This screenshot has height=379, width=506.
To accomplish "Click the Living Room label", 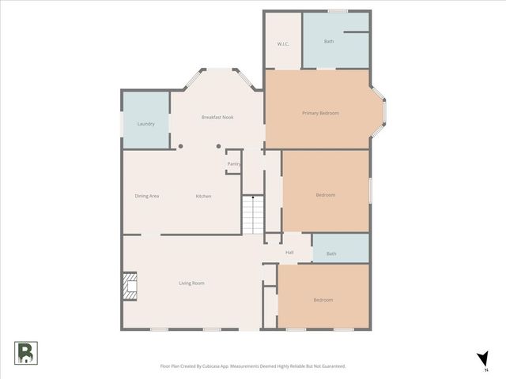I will (x=191, y=283).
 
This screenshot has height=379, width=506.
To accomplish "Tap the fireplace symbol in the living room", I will (x=130, y=287).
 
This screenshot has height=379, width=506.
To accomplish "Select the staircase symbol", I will (x=251, y=214).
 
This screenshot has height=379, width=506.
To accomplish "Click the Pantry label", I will (x=233, y=163).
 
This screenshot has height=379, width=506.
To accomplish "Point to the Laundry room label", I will (x=145, y=124).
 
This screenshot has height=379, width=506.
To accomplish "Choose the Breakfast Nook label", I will (x=217, y=118).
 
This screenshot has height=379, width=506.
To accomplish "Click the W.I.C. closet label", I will (x=282, y=43).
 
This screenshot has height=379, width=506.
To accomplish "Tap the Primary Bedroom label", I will (x=320, y=113).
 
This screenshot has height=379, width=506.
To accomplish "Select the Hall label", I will (x=289, y=253).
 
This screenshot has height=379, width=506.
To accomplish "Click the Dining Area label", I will (x=147, y=196).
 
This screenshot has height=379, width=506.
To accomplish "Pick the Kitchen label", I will (x=203, y=196).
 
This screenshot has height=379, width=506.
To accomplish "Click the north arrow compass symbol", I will (x=482, y=360).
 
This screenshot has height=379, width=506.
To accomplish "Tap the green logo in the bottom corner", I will (x=25, y=353).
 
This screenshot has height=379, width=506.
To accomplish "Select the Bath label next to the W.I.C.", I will (x=329, y=41).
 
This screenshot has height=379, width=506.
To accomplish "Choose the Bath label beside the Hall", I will (x=331, y=253).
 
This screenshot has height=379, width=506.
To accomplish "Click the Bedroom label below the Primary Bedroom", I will (x=326, y=195).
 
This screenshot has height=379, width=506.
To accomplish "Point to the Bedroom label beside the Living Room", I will (x=323, y=300).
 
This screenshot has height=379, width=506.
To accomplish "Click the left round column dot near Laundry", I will (x=180, y=146).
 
